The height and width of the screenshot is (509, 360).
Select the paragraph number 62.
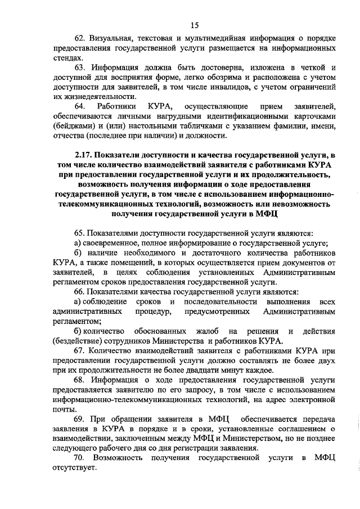tap(79, 38)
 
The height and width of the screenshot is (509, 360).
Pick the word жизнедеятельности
tap(87, 98)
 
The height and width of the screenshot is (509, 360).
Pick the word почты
tap(63, 411)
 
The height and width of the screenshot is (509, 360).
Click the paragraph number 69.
tap(79, 420)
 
